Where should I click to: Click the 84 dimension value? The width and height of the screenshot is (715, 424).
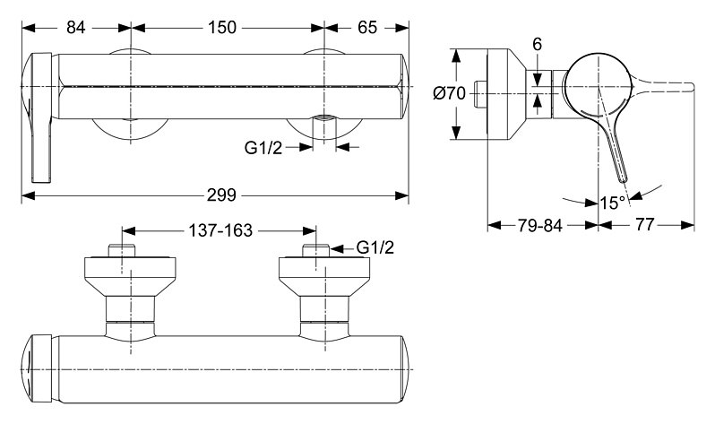coord(75,28)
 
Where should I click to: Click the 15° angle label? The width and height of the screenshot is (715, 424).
coord(613,203)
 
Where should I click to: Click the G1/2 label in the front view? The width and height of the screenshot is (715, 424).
coord(263,148)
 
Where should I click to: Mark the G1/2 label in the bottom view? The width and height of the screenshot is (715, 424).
coord(375,247)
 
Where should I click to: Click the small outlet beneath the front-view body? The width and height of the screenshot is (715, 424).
coord(323,120)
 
